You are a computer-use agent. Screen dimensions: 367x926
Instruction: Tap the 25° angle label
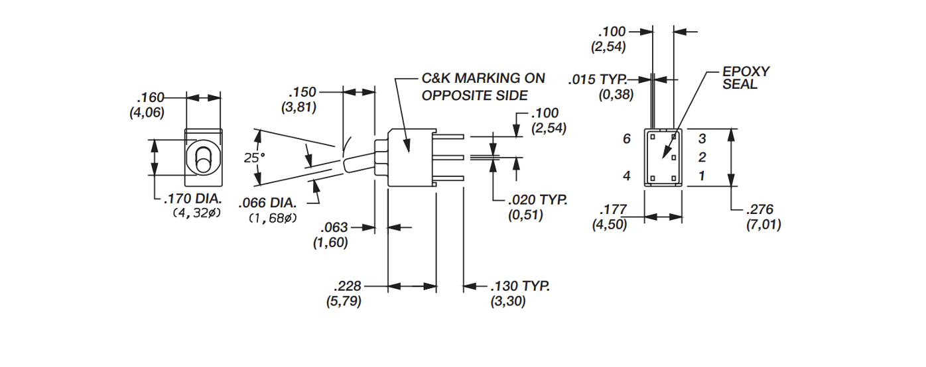[x=253, y=158]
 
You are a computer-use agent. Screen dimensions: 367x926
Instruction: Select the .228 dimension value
[x=348, y=286]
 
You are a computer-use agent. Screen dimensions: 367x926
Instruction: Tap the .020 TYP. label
[x=537, y=199]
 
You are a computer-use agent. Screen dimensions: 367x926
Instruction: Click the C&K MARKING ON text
[x=484, y=78]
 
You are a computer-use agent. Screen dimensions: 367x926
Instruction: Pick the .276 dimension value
[x=763, y=210]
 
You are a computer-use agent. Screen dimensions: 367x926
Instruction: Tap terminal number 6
[x=627, y=139]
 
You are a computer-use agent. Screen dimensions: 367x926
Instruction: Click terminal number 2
[x=702, y=158]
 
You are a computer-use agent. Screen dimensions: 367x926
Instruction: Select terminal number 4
[x=627, y=176]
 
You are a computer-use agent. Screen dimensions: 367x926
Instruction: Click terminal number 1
[x=702, y=176]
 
